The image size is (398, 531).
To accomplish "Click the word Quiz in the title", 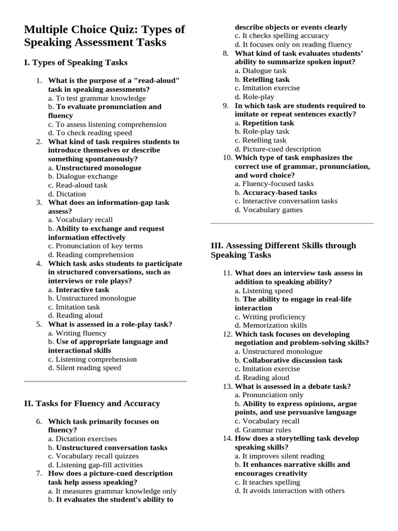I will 120,30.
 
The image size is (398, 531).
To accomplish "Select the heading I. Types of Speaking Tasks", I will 76,63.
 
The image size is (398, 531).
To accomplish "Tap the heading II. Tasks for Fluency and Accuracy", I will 92,403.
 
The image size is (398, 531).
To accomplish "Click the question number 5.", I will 39,324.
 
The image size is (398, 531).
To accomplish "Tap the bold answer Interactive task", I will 82,289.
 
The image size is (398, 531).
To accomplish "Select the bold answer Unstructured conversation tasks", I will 111,448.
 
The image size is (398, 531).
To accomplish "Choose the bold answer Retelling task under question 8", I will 266,79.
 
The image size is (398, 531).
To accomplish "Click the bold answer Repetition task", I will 268,123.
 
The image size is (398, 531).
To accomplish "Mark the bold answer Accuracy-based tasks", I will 280,192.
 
